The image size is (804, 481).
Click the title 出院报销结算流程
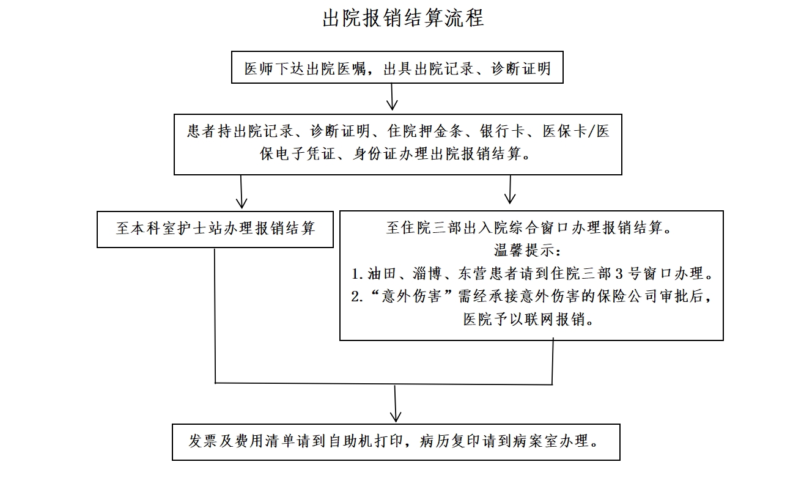[403, 18]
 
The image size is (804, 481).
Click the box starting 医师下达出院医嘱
[397, 68]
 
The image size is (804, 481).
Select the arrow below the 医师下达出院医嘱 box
[392, 98]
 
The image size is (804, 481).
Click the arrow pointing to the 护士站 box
[242, 193]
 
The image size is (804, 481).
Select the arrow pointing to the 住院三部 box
[510, 190]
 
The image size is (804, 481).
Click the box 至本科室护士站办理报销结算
[215, 229]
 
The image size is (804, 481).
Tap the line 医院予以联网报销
[529, 319]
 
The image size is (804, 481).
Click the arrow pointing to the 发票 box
[396, 404]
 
